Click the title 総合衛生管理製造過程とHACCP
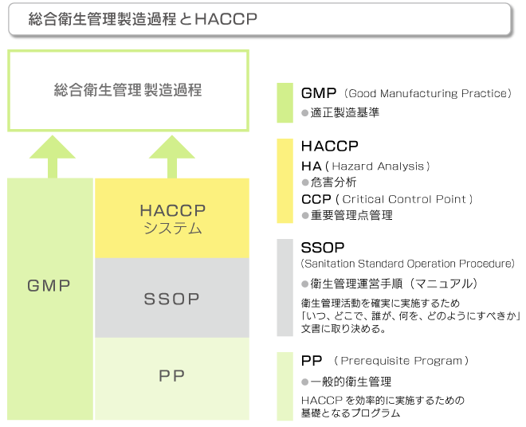[143, 19]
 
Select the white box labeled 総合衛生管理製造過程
[128, 91]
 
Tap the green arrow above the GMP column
[53, 157]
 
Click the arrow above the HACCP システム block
[172, 157]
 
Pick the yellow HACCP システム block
[172, 218]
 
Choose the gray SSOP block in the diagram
[172, 298]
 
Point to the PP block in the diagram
[172, 378]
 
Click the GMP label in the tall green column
[49, 286]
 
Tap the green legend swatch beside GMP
[285, 103]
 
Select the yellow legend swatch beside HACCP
[285, 181]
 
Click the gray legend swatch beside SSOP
[285, 288]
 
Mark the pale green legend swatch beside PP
[285, 386]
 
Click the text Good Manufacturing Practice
[428, 93]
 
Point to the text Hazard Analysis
[378, 166]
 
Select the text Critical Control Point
[405, 199]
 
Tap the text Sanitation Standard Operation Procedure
[407, 264]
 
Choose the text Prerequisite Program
[401, 361]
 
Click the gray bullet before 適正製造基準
[305, 113]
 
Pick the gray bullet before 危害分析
[305, 182]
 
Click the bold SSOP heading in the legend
[323, 248]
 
